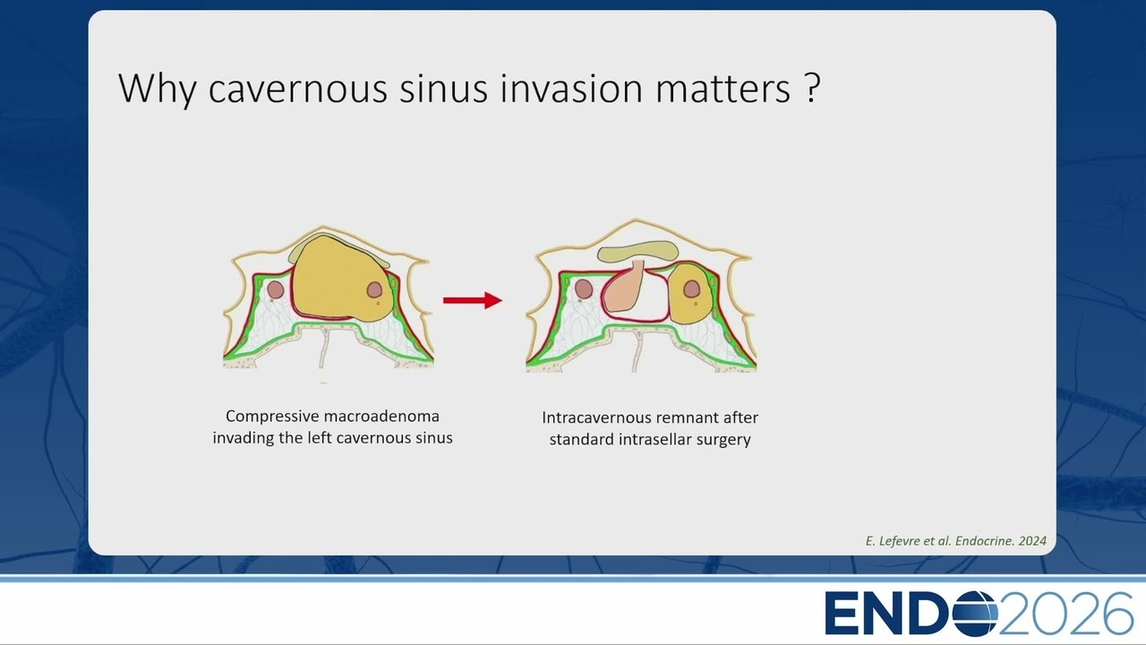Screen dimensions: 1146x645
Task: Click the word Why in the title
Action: [x=158, y=90]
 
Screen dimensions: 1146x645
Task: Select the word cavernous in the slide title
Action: [x=298, y=90]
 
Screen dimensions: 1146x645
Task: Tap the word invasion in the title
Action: [x=571, y=88]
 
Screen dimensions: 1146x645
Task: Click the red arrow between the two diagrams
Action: [x=473, y=300]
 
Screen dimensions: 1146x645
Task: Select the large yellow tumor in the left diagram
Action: [x=340, y=279]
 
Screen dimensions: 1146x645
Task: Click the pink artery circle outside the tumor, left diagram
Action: [x=275, y=289]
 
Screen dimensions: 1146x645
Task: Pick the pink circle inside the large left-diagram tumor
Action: [x=374, y=289]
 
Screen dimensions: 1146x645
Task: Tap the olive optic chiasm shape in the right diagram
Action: [x=638, y=251]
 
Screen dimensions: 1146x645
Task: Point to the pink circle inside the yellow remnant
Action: [x=692, y=288]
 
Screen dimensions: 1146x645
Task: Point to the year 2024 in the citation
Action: [x=1032, y=541]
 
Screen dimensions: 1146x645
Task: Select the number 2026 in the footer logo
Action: [x=1066, y=613]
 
